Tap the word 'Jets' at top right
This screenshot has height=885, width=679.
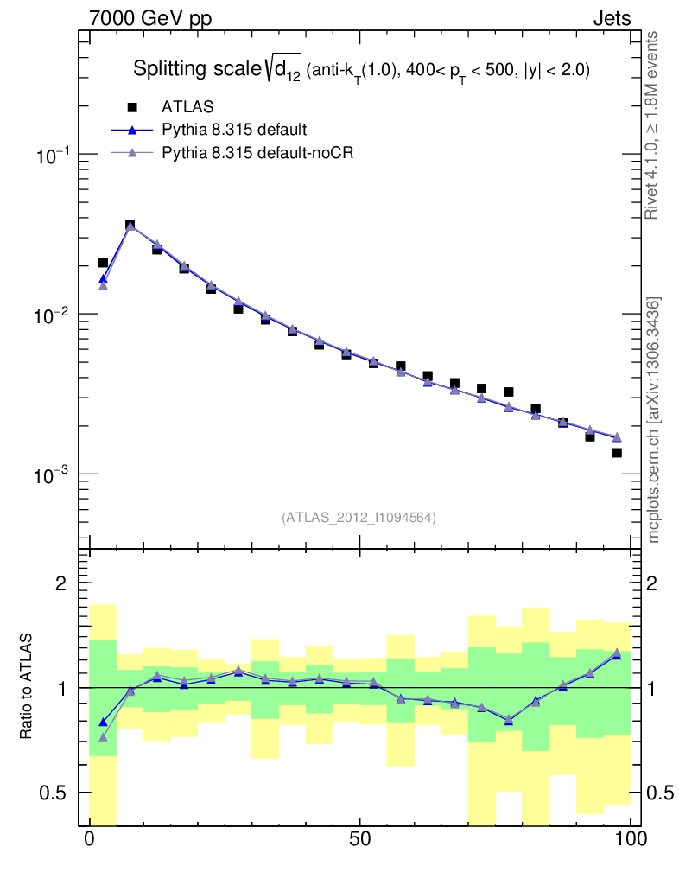click(x=611, y=19)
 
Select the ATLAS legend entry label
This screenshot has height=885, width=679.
click(x=187, y=107)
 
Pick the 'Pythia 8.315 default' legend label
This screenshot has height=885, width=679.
click(x=234, y=131)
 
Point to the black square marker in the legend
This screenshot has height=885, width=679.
click(x=132, y=107)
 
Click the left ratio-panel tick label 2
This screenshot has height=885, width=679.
click(x=61, y=583)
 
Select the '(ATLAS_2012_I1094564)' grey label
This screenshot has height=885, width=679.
click(x=359, y=518)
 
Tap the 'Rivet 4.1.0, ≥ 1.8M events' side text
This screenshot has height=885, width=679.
click(x=652, y=125)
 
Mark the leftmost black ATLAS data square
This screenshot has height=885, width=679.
click(x=103, y=262)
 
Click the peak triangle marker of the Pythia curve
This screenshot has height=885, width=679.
click(x=130, y=226)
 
